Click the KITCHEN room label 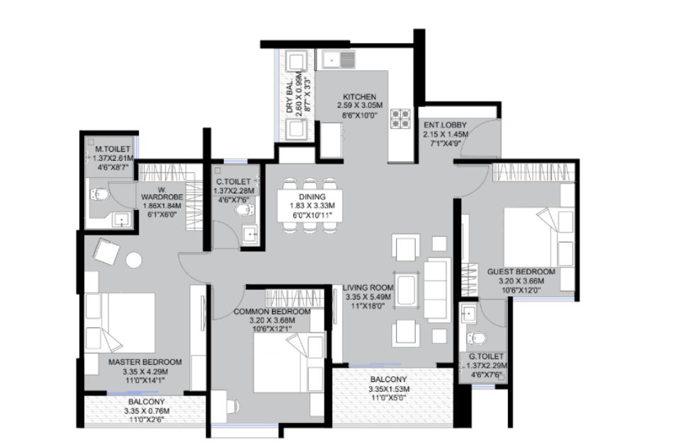tap(359, 97)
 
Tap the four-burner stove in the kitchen tap(400, 119)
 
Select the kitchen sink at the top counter tap(336, 59)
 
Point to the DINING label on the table tap(312, 197)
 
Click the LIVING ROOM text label tap(368, 288)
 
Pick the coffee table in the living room tap(407, 289)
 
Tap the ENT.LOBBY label tap(445, 125)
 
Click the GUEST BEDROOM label tap(521, 272)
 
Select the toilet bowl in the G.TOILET tap(475, 338)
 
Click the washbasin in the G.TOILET tap(469, 313)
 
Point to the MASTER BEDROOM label tap(145, 362)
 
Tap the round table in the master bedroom tap(134, 260)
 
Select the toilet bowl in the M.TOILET tap(99, 195)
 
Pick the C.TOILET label tap(234, 181)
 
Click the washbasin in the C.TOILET tap(250, 235)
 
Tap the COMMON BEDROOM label tap(272, 312)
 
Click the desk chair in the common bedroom tap(232, 406)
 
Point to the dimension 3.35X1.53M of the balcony tap(389, 389)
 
